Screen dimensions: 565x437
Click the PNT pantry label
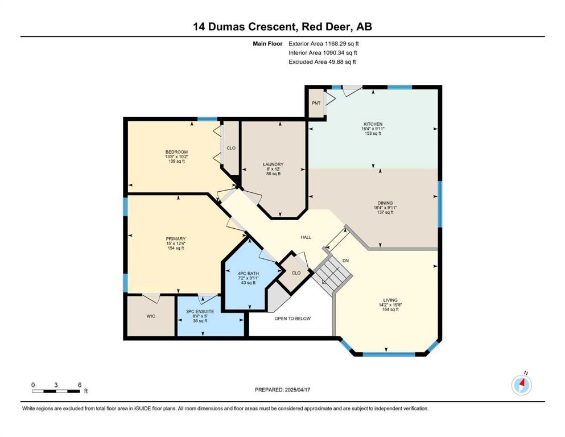(316, 103)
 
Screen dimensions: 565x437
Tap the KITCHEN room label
(373, 124)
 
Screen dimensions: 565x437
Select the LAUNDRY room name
(273, 164)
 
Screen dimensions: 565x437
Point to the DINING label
(385, 203)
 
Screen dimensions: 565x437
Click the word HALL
(306, 237)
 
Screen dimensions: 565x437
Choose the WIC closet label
(151, 316)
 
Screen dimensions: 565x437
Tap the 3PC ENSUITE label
(200, 311)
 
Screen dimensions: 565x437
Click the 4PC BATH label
(248, 274)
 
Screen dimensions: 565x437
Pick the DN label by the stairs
(345, 261)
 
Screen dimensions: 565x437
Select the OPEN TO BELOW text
(292, 319)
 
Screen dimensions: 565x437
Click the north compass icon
(522, 385)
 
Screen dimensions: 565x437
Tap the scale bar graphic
(56, 391)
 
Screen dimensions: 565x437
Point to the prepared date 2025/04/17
(297, 390)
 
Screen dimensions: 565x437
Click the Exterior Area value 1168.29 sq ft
(342, 44)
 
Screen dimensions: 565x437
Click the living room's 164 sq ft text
(390, 309)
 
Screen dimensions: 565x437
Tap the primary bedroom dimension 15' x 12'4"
(176, 244)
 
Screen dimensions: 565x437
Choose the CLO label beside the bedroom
(231, 148)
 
